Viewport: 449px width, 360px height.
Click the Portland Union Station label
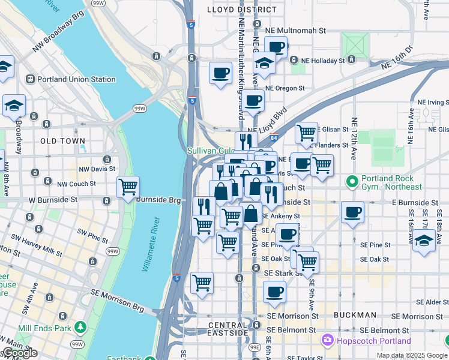76,79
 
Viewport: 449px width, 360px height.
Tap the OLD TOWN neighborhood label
62,140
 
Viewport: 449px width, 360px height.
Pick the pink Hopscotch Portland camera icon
328,341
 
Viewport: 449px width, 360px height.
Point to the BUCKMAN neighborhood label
355,314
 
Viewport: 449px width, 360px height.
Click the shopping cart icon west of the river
128,188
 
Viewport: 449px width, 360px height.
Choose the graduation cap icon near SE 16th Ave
424,241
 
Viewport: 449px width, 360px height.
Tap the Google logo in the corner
20,353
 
